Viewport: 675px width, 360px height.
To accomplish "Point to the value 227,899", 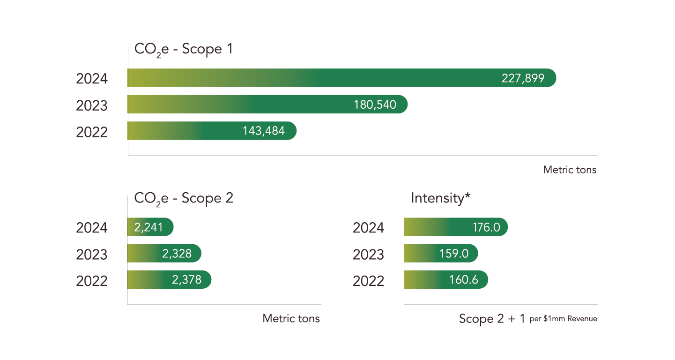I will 523,78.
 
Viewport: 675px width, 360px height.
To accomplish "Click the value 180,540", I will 375,105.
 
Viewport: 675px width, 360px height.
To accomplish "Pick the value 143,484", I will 263,131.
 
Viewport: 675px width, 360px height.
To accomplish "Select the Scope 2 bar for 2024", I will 150,227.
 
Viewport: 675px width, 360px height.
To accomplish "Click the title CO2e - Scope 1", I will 183,50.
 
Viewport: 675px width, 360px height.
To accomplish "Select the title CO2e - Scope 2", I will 183,199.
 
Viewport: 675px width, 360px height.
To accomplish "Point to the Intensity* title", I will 440,198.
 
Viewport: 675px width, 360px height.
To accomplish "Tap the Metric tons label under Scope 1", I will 570,170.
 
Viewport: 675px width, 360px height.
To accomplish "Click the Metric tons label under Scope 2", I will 291,319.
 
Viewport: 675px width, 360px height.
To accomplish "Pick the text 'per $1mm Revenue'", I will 563,319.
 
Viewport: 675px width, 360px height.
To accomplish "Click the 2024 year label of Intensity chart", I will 368,228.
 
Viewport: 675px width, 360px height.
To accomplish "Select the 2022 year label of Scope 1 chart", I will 92,132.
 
